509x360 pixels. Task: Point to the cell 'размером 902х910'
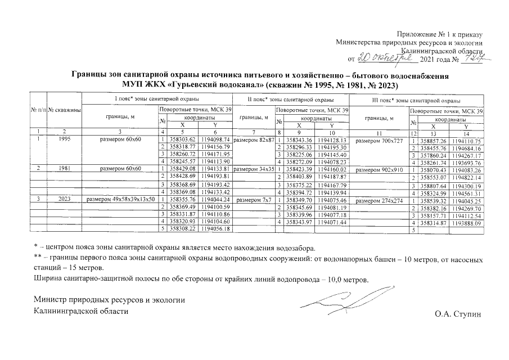380,168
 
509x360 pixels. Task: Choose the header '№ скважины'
64,110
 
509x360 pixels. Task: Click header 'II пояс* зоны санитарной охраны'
282,100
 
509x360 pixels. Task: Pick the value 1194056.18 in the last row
215,229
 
